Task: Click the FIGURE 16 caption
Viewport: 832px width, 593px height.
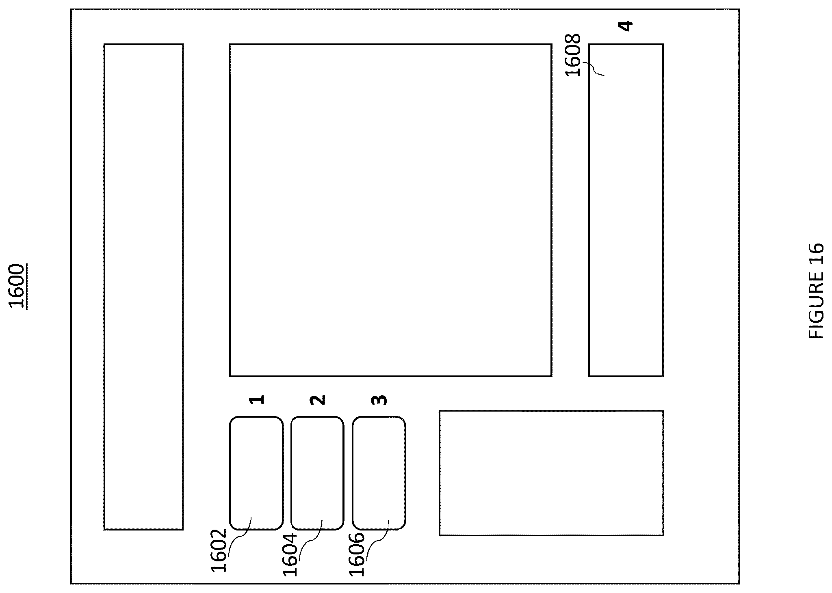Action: tap(816, 291)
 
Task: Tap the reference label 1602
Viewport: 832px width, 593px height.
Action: tap(219, 550)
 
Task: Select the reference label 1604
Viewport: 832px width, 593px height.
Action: tap(290, 554)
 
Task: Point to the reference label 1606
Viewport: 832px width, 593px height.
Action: tap(357, 554)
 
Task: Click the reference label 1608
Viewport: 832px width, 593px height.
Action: tap(573, 55)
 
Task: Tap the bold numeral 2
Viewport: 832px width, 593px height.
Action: tap(318, 400)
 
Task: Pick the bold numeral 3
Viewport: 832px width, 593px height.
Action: tap(379, 400)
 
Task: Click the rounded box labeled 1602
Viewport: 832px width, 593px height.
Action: tap(256, 473)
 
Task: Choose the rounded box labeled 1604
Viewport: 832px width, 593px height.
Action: tap(317, 473)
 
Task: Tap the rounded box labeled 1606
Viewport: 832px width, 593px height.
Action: tap(379, 473)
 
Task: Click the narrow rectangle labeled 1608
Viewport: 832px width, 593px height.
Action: tap(626, 210)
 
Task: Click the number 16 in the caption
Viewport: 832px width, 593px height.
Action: tap(816, 254)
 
